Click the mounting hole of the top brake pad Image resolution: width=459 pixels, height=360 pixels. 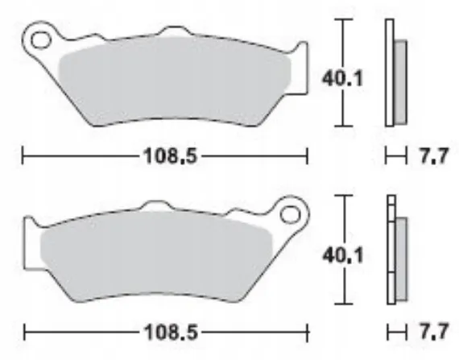(41, 39)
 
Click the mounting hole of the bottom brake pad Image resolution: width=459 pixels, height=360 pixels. (290, 214)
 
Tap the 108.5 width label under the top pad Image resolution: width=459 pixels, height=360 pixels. (171, 155)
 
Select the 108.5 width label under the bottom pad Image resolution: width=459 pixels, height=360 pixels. (171, 332)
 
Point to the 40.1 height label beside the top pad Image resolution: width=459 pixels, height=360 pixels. (342, 78)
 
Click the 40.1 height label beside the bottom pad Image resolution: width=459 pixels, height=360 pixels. (343, 255)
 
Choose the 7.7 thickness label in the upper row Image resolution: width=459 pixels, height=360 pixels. (434, 156)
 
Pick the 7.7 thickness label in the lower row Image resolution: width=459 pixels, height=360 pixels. (434, 332)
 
